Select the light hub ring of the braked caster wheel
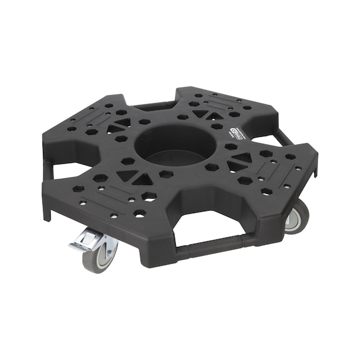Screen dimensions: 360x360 [107, 252]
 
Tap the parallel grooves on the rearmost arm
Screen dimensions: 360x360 [222, 99]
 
